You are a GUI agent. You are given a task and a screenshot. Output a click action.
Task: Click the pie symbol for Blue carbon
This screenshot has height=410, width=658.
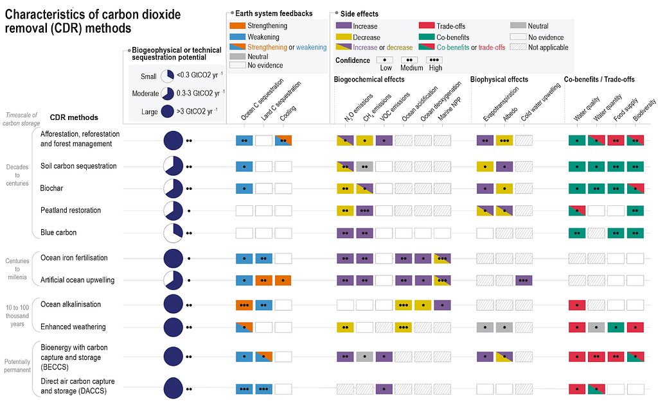(173, 233)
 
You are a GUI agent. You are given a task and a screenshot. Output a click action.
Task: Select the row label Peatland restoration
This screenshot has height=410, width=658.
(71, 210)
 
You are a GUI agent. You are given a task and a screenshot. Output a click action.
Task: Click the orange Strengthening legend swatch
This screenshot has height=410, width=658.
(237, 26)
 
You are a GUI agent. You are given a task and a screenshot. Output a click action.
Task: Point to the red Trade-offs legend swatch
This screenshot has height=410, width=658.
(427, 26)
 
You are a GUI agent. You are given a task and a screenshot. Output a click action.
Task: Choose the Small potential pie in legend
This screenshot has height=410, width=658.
(168, 76)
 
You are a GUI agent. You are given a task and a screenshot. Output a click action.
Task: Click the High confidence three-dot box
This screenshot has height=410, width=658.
(434, 60)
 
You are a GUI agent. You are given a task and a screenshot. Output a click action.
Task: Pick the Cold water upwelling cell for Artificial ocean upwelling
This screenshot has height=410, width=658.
(524, 280)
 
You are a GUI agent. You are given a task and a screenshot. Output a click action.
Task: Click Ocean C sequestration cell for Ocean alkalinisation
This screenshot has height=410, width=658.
(244, 305)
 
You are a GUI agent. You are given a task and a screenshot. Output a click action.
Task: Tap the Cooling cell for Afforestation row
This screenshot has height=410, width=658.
(283, 141)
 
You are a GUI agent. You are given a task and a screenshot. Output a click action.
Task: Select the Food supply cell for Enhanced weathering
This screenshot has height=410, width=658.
(616, 327)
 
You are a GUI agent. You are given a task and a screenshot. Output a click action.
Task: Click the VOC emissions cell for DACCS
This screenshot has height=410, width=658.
(384, 389)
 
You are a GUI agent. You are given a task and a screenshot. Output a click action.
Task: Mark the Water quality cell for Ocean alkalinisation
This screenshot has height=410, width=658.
(577, 305)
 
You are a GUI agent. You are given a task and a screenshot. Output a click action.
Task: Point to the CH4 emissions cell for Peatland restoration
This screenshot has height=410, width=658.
(365, 210)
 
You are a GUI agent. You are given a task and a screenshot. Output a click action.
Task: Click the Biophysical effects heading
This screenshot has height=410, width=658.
(499, 79)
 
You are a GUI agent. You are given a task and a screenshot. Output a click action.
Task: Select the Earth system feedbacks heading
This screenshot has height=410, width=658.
(274, 13)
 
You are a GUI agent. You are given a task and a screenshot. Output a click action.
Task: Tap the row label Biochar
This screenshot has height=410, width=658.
(51, 188)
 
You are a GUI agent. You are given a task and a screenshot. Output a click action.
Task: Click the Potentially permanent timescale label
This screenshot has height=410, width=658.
(17, 366)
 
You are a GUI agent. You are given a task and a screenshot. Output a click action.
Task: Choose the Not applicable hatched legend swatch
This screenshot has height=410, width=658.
(519, 47)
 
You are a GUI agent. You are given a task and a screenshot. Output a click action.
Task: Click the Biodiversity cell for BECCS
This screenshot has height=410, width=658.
(635, 357)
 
